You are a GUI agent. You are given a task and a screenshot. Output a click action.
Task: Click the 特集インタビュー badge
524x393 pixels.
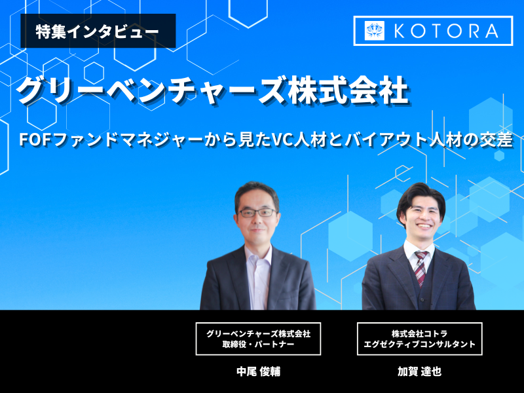click(98, 31)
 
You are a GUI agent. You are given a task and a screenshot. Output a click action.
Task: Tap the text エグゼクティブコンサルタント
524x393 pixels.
click(419, 345)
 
